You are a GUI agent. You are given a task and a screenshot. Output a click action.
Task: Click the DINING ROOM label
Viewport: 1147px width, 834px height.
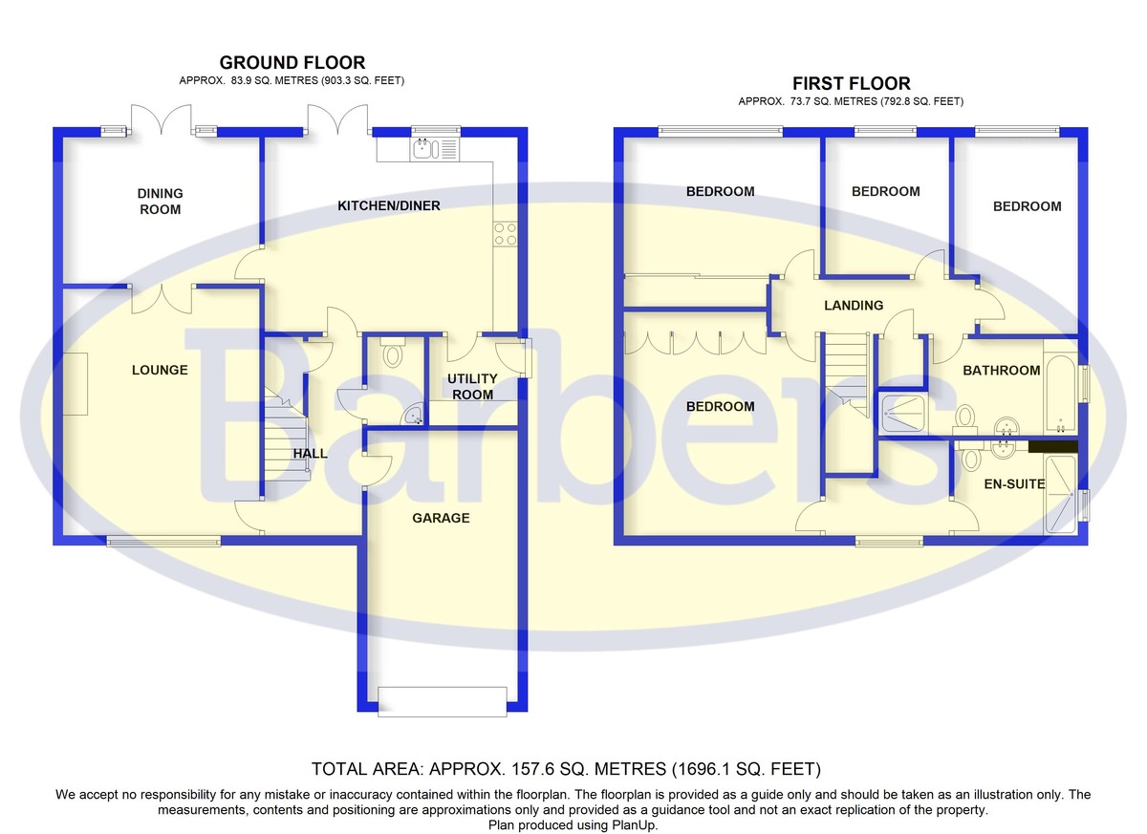(x=160, y=202)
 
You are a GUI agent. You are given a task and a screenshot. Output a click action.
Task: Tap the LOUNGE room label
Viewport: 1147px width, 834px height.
(x=160, y=370)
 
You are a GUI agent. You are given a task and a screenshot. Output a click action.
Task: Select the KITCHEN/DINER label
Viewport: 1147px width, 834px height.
(x=388, y=205)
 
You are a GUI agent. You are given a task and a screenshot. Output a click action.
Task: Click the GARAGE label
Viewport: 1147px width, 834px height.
(x=441, y=518)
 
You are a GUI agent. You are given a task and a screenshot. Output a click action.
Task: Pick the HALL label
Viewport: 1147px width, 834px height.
(x=310, y=454)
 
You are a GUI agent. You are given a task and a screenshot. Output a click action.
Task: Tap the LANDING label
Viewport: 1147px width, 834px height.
(x=854, y=306)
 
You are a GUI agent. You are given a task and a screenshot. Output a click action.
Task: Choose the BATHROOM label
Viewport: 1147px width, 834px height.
(x=1001, y=371)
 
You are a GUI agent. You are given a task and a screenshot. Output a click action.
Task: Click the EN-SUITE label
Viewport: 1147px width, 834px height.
(x=1015, y=484)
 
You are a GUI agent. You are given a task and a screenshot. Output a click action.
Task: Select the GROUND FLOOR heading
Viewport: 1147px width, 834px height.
(x=292, y=64)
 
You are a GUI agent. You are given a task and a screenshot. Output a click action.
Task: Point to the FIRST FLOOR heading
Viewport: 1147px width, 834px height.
(x=851, y=84)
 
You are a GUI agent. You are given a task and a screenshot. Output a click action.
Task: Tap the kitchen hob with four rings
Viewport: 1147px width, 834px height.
(x=506, y=234)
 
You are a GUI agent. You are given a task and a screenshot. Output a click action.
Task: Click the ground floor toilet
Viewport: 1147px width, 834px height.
(x=392, y=354)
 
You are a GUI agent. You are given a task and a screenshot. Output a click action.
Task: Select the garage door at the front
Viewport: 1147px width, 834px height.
(x=442, y=701)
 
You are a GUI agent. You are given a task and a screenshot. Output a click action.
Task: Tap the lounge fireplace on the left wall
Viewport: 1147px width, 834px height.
(x=76, y=383)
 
